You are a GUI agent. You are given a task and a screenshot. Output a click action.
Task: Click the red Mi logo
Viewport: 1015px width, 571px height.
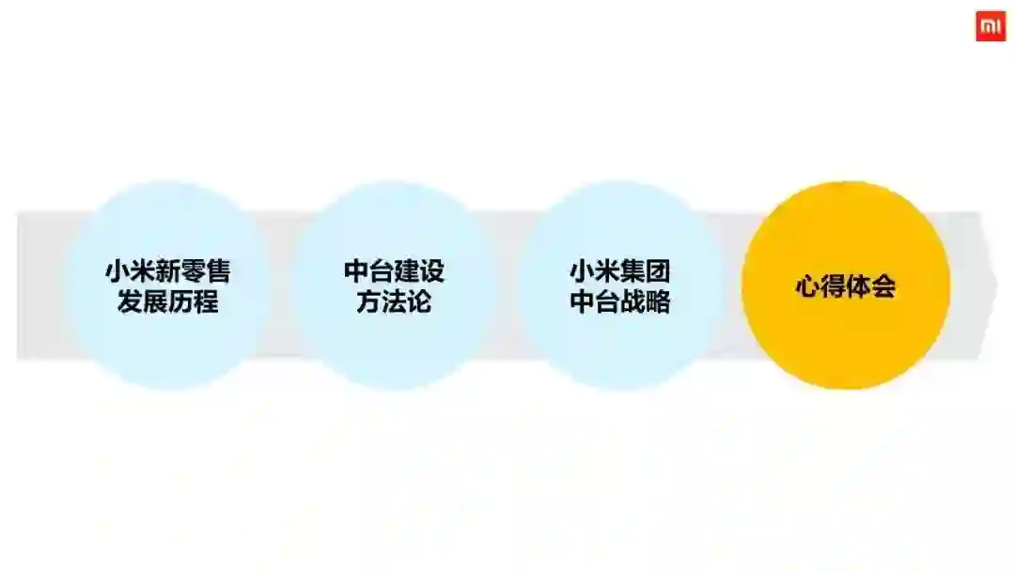click(991, 26)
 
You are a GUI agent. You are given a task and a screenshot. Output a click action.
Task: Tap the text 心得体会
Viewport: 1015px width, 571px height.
click(846, 286)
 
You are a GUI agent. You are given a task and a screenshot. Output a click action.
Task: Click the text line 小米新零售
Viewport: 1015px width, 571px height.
click(168, 271)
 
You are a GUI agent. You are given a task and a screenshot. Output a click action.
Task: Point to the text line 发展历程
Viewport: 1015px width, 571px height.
click(168, 302)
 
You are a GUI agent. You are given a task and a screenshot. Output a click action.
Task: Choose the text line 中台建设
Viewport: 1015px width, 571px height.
click(394, 271)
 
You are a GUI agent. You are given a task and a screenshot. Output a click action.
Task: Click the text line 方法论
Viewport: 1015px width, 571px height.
click(394, 302)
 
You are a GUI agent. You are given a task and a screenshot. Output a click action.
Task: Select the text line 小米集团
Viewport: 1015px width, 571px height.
click(620, 271)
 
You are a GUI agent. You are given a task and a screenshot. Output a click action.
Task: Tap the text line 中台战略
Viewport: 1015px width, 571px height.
click(620, 302)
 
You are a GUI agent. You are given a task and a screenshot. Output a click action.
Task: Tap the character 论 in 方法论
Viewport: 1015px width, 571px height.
click(419, 302)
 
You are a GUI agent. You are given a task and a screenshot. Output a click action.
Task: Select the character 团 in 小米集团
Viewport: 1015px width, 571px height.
click(658, 271)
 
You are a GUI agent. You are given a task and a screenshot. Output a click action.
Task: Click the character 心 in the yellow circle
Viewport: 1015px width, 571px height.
click(808, 286)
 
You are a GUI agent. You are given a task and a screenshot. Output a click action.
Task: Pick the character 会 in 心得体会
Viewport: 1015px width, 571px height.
click(883, 286)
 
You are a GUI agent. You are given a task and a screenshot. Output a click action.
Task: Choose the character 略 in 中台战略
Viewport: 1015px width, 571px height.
click(658, 302)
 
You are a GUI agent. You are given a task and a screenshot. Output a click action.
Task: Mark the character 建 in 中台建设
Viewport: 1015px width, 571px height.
click(407, 271)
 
